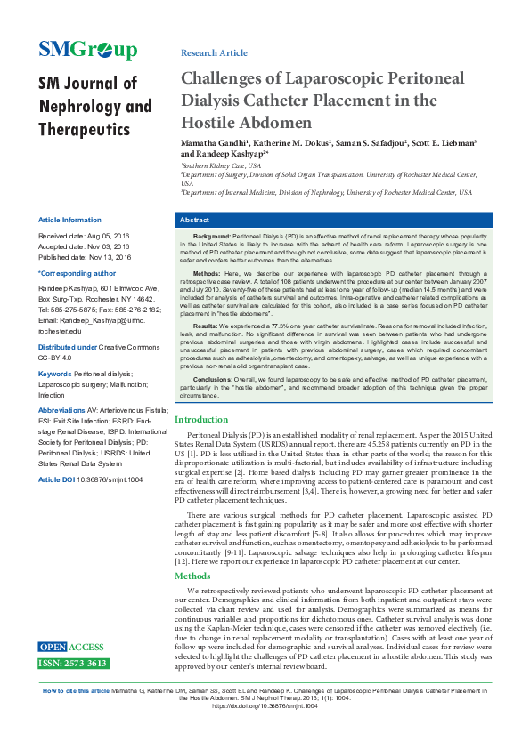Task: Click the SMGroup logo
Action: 87,50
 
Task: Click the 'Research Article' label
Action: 214,53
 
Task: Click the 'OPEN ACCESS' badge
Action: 71,647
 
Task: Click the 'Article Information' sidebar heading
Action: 69,220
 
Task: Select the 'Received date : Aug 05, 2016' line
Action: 84,236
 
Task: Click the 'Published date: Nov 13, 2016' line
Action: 84,257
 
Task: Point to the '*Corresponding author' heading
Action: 77,273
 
